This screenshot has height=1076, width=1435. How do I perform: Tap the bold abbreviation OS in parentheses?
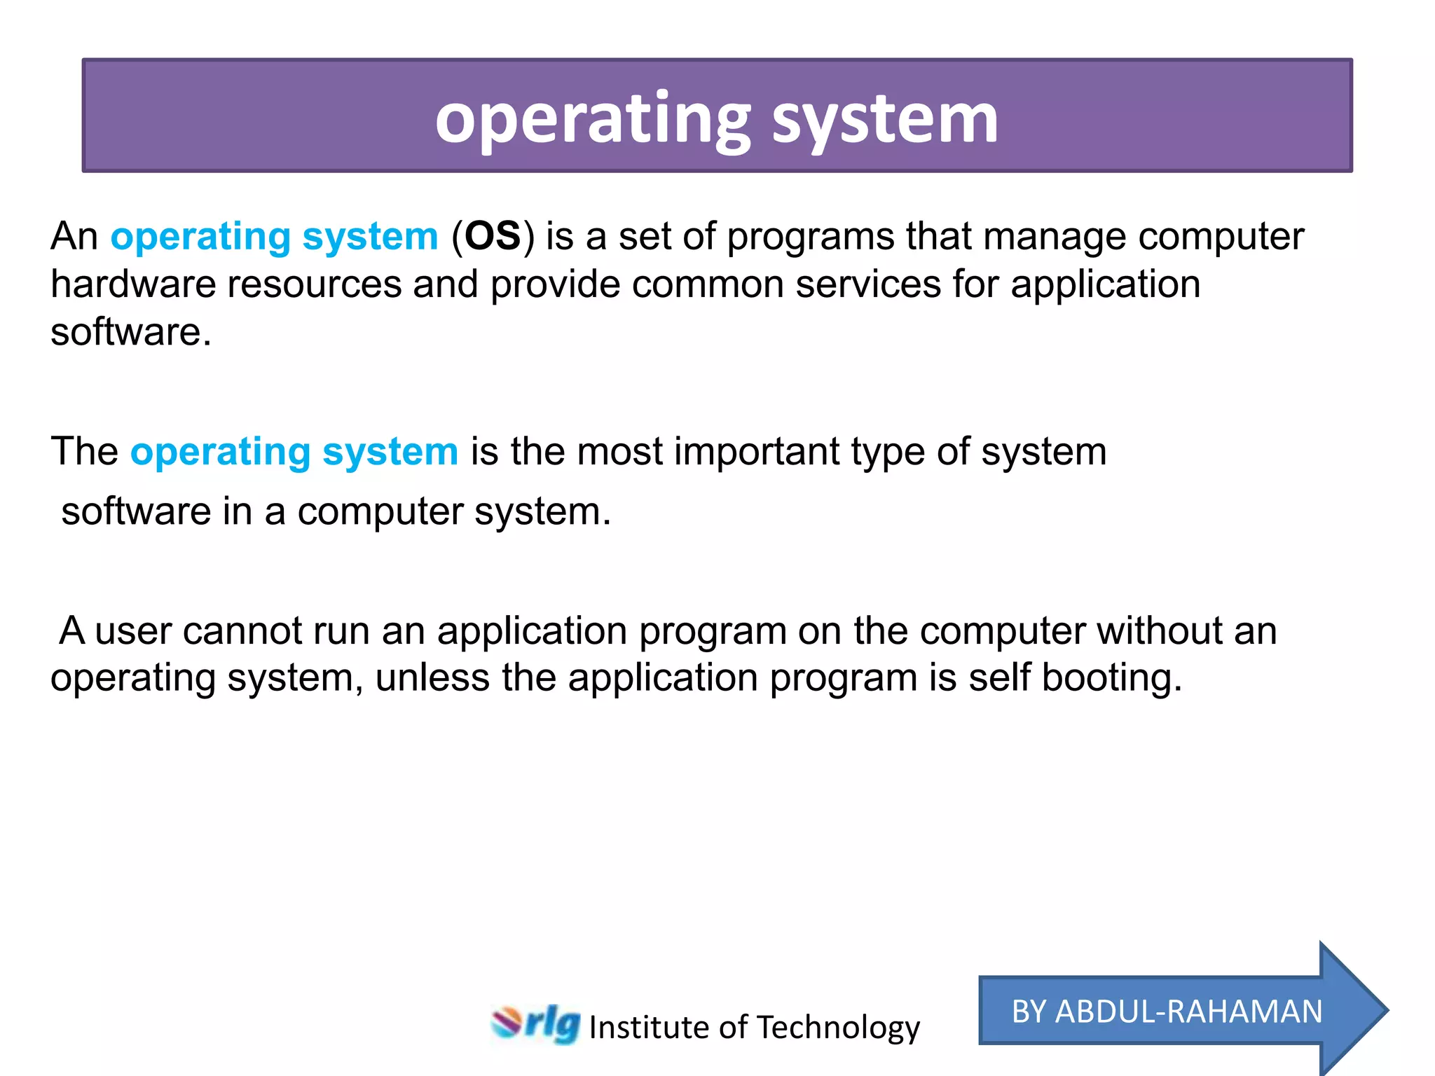(493, 236)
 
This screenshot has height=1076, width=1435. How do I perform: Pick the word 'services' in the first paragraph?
(868, 284)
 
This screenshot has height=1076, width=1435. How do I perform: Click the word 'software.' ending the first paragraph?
(130, 332)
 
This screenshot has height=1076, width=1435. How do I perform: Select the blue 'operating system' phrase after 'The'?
(294, 453)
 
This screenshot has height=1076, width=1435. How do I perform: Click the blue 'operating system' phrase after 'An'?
(274, 237)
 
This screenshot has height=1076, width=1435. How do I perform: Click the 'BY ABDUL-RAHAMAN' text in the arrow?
(1167, 1012)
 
